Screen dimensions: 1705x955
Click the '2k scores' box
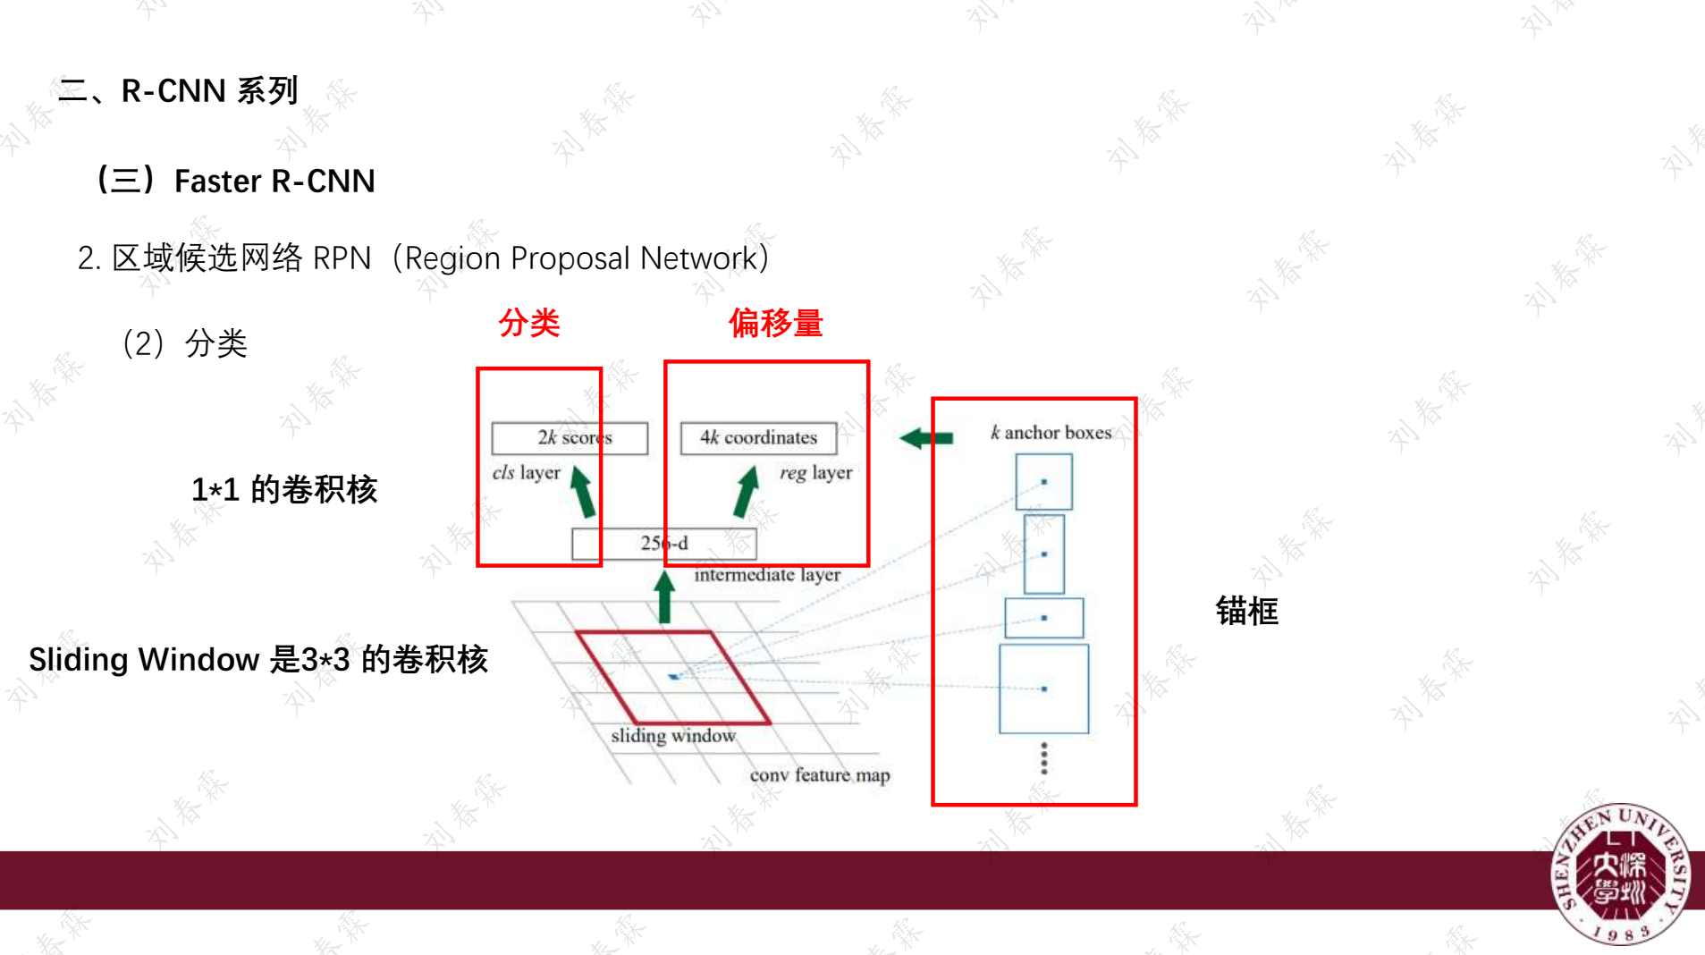(x=570, y=438)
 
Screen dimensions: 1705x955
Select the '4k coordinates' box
(x=758, y=438)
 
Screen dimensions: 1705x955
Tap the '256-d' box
(x=663, y=544)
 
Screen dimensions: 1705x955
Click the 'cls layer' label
(x=526, y=473)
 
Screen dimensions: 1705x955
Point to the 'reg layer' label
(x=815, y=473)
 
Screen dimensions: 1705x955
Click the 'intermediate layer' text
(x=767, y=575)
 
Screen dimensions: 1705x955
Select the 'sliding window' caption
(x=673, y=736)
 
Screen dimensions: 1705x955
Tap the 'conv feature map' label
(x=819, y=775)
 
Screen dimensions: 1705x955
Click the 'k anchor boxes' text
(x=1051, y=433)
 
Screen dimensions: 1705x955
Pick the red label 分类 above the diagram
(x=529, y=323)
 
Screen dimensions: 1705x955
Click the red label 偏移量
(x=775, y=323)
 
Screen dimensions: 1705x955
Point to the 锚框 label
(x=1246, y=612)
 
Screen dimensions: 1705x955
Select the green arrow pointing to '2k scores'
(x=583, y=492)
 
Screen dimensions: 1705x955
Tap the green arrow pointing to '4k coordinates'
(x=746, y=492)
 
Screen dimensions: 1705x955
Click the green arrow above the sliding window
(x=664, y=597)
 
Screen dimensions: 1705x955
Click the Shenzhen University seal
(x=1620, y=874)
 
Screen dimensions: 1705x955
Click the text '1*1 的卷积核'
(x=284, y=490)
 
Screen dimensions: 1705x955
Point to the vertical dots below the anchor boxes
(x=1043, y=758)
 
